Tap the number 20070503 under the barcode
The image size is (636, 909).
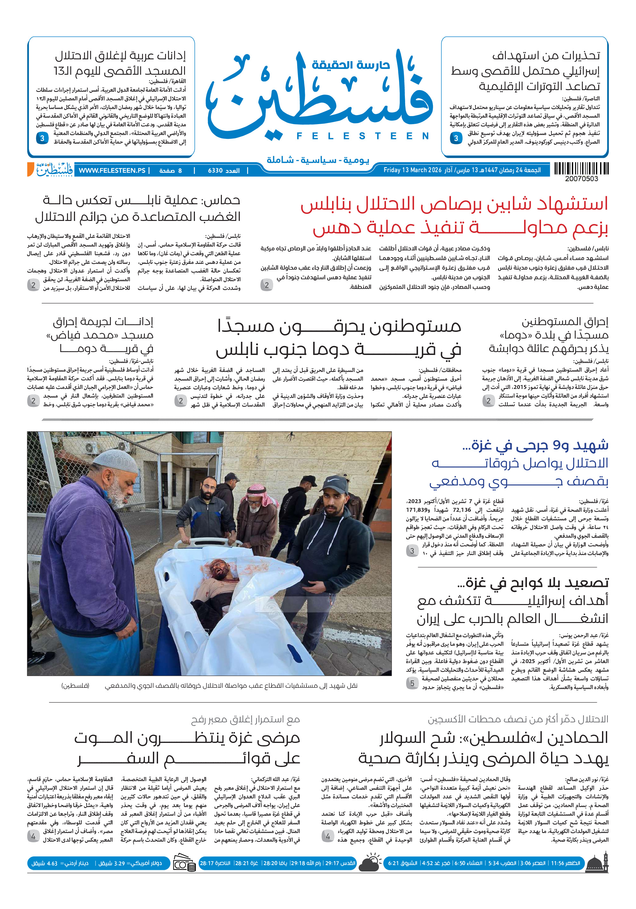click(582, 179)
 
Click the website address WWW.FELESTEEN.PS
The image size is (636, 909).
click(112, 171)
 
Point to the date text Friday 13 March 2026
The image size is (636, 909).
click(412, 170)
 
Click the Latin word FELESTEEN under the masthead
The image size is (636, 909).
click(363, 136)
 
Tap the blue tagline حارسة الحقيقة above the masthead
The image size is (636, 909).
click(351, 64)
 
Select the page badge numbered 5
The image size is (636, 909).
click(412, 683)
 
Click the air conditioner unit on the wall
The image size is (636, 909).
click(91, 447)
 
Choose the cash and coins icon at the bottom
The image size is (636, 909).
click(184, 863)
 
